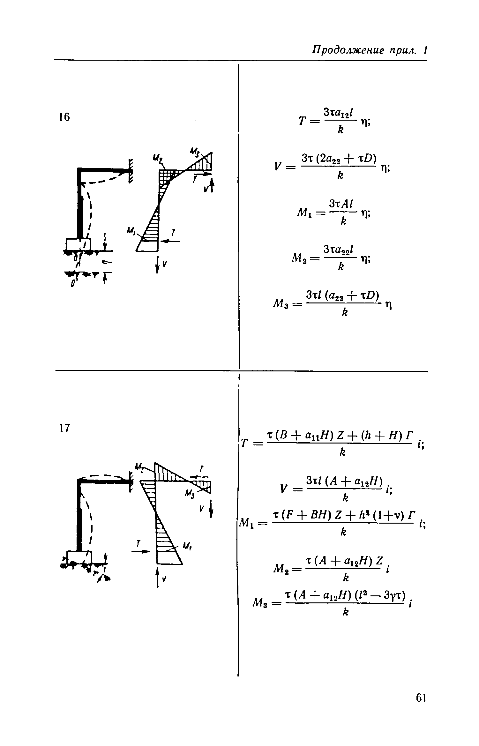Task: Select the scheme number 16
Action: [x=64, y=117]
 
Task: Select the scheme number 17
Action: [x=64, y=428]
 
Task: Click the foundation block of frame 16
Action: [x=79, y=244]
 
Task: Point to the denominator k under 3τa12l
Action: [x=341, y=130]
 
